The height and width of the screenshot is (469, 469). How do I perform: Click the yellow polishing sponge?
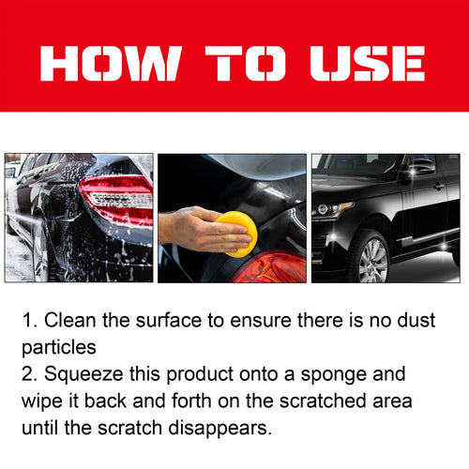tap(236, 233)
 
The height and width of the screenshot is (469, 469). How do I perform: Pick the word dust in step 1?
tap(415, 321)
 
